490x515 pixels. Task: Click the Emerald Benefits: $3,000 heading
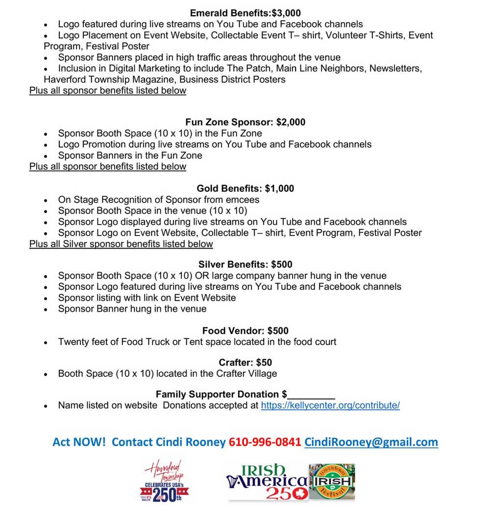[245, 13]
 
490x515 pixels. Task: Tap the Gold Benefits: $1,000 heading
[245, 188]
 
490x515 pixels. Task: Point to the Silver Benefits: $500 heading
[245, 264]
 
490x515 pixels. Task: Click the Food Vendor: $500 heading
[245, 331]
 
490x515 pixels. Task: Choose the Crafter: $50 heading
[245, 362]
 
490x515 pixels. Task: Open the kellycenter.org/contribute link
[330, 406]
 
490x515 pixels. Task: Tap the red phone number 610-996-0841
[265, 442]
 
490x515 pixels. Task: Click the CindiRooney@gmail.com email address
[371, 442]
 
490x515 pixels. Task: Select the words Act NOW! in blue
[79, 442]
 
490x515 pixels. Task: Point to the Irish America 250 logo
[267, 482]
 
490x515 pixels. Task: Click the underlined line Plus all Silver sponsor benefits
[121, 244]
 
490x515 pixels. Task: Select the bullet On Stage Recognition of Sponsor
[158, 200]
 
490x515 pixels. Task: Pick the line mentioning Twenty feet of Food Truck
[197, 341]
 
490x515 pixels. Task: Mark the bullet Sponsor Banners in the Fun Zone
[130, 155]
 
